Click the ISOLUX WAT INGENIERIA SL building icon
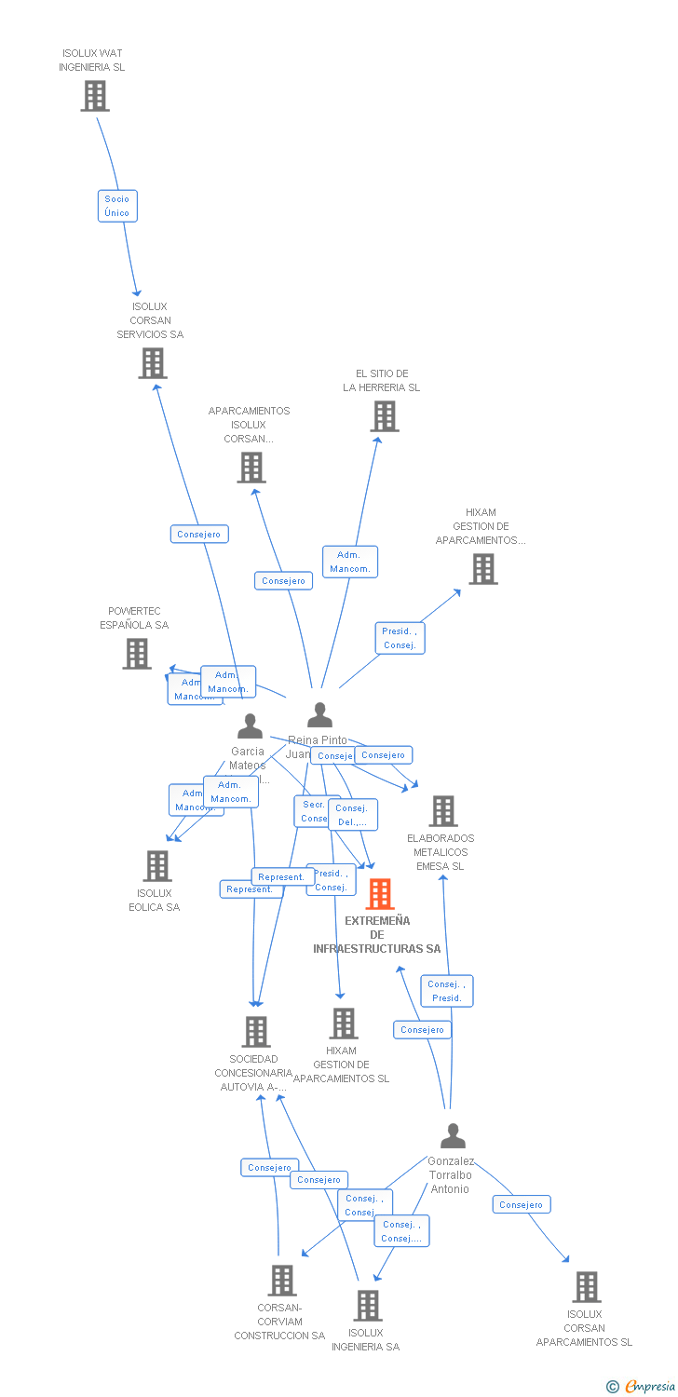94,96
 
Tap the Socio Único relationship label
117,206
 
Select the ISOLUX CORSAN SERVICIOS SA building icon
153,363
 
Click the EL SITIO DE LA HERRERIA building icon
385,416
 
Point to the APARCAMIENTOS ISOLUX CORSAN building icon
251,468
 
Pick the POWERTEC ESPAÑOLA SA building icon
137,654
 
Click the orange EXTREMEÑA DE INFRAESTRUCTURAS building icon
380,894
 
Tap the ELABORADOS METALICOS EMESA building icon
443,811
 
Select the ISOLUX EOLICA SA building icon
157,866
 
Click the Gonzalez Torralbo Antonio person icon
453,1136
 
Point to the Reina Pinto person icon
319,715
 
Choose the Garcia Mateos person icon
250,726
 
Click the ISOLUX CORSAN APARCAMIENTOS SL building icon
587,1287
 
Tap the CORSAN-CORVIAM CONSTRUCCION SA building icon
282,1281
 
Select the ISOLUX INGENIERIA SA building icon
368,1306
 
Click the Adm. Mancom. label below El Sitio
350,562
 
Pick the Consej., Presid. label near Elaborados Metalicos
447,991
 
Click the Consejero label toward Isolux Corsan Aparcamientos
521,1204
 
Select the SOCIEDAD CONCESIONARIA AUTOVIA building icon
256,1032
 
